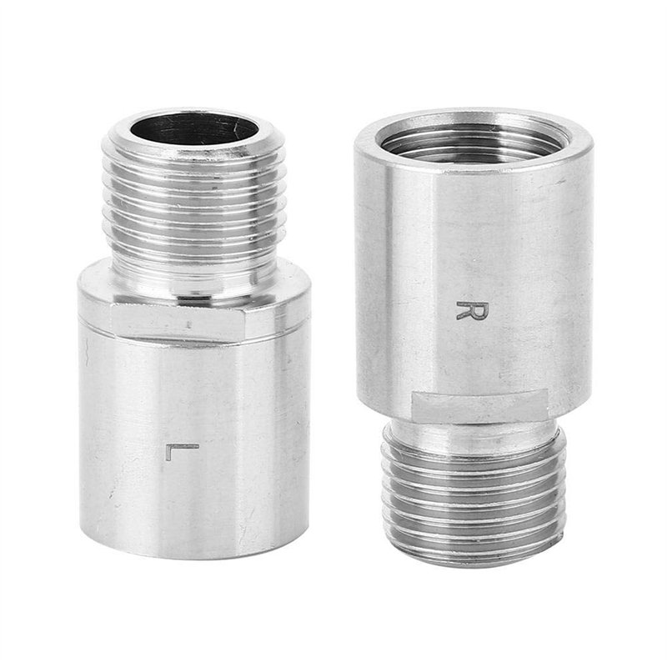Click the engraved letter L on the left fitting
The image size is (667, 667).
(182, 451)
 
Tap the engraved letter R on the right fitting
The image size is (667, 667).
(472, 310)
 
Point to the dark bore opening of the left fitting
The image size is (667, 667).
(194, 128)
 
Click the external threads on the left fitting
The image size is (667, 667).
(194, 213)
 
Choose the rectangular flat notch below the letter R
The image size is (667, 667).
(479, 406)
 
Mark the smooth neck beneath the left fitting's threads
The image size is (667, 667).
(194, 283)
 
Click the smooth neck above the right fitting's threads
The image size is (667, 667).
(473, 429)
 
